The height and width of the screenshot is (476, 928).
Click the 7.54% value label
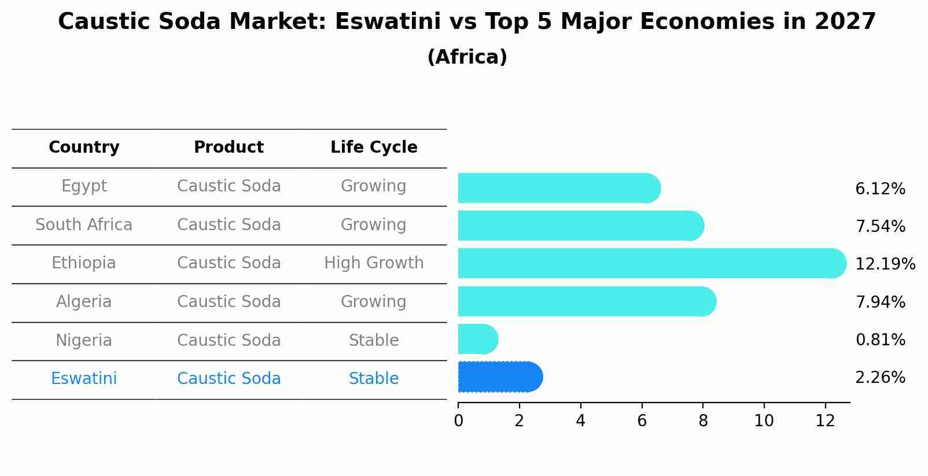880,227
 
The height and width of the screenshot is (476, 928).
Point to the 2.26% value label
880,378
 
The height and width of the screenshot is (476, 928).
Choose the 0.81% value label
880,340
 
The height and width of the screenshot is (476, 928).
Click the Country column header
84,147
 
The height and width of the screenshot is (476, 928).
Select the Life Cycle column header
374,147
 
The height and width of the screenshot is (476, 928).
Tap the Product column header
229,147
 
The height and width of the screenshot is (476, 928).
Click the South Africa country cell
84,225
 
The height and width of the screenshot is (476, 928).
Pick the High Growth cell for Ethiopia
374,263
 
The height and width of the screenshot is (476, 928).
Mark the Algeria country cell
84,302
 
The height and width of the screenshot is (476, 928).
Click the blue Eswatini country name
84,379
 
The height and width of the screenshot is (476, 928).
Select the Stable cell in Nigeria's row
374,341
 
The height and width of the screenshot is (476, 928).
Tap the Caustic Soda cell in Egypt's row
229,186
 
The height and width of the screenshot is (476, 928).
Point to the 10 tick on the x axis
764,421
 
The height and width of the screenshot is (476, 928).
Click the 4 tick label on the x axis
580,421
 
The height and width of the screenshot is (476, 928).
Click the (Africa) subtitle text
467,57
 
